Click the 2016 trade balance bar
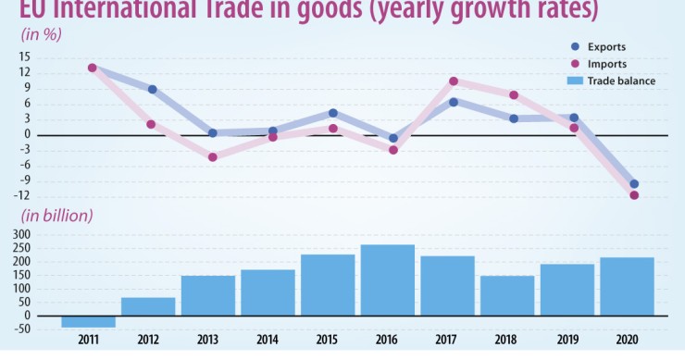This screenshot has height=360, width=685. point(388,279)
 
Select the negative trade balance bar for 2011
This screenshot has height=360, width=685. point(89,321)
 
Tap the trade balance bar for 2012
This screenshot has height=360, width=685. point(148,306)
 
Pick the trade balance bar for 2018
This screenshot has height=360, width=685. point(507,295)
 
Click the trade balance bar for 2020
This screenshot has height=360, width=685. point(627,286)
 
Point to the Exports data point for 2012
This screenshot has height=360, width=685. point(152,90)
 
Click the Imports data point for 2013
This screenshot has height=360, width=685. point(212,157)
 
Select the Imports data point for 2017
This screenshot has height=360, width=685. point(454,81)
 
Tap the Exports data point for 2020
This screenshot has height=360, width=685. point(634,184)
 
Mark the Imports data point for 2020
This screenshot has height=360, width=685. point(634,195)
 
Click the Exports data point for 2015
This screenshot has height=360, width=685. point(333,113)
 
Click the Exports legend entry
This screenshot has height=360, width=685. point(607,46)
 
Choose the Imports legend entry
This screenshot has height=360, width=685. point(607,64)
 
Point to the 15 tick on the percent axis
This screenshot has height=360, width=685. point(25,56)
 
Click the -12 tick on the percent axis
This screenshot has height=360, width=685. point(23,196)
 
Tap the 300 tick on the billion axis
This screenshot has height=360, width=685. point(22,234)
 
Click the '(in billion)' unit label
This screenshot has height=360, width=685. point(56,216)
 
